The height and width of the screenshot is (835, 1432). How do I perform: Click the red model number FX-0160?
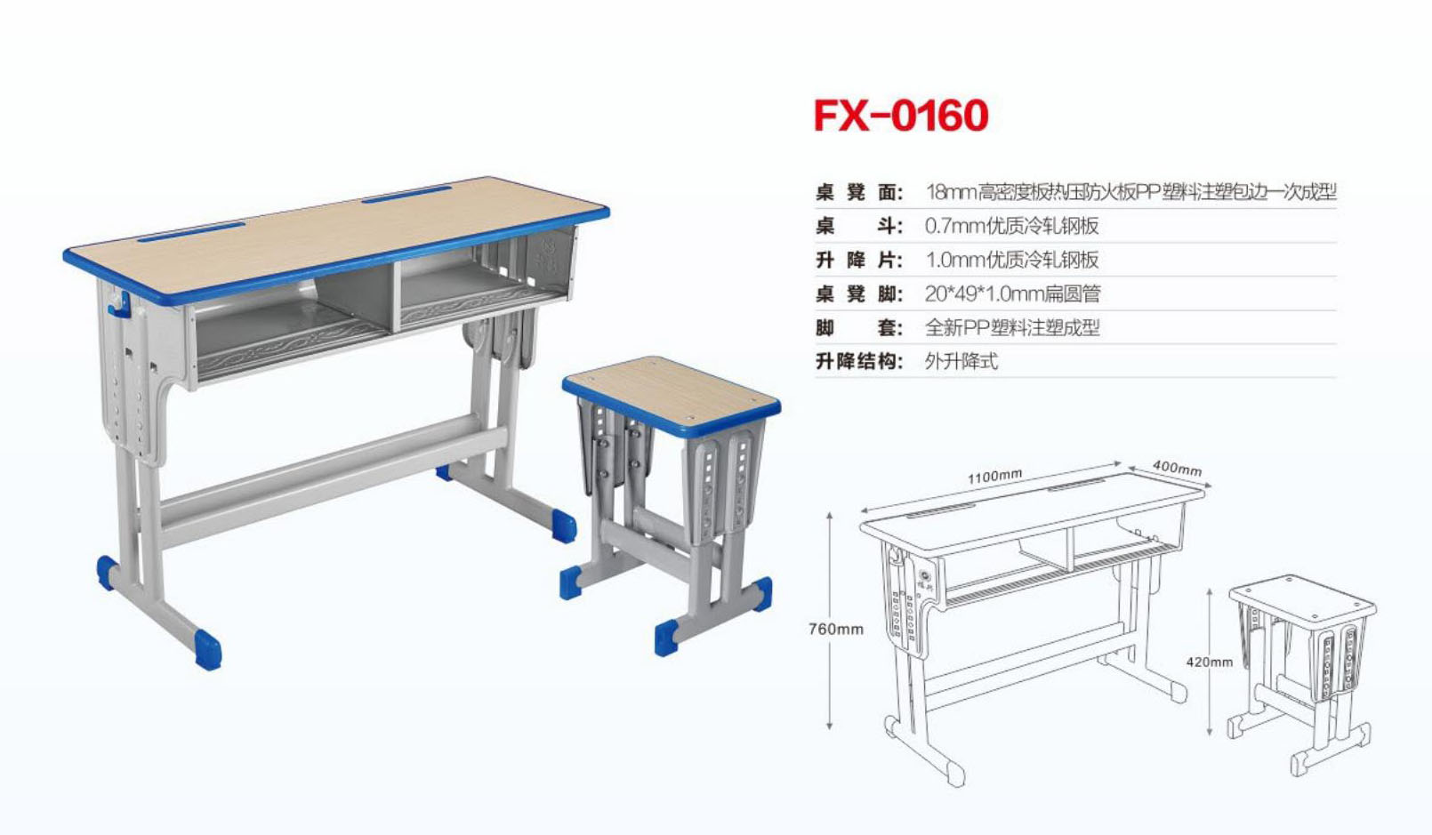coord(901,116)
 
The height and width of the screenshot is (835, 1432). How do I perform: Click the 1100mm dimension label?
coord(994,477)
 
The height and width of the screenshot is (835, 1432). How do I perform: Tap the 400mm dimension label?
coord(1177,468)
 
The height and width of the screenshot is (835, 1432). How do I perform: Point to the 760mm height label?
coord(835,629)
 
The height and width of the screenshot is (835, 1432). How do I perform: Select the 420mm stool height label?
coord(1209,662)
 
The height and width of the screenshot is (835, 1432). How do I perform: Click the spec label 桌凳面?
coord(859,192)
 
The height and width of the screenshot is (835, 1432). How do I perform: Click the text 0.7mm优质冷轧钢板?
coord(1011,226)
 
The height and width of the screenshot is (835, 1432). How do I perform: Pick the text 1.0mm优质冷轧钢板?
coord(1011,260)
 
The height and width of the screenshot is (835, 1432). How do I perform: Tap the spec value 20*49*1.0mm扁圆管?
coord(1012,293)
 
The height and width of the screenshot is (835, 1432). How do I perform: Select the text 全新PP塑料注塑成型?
coord(1012,327)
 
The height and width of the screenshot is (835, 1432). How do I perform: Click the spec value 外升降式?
coord(961,361)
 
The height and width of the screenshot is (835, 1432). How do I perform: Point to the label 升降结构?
coord(859,361)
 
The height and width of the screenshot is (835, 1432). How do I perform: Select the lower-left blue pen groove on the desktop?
coord(191,231)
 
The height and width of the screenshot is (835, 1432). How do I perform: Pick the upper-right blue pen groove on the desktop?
coord(407,193)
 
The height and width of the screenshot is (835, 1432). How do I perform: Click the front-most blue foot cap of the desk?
coord(208,649)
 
